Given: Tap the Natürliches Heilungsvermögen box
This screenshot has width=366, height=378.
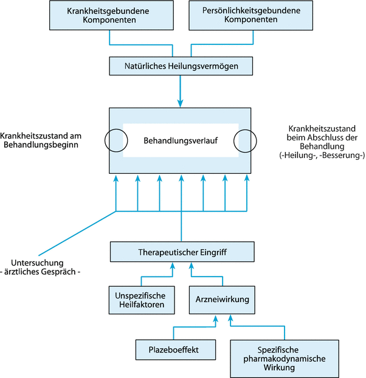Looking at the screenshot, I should (181, 64).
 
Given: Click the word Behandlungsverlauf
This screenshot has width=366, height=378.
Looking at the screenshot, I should (181, 141).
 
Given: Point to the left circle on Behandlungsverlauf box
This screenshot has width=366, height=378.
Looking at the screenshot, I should (115, 140).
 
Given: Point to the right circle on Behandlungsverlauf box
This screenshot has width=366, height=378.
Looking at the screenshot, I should (246, 140).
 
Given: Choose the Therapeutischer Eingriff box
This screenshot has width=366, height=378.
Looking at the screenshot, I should (181, 250).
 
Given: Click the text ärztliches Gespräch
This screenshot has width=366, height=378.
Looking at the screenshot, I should (42, 272).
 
